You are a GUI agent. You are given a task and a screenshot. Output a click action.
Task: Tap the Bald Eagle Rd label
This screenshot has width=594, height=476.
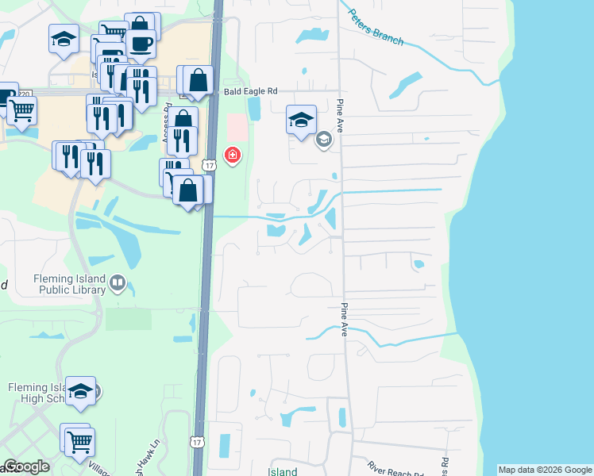tap(249, 92)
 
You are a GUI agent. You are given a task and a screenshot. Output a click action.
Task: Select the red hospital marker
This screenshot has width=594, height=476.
tap(233, 155)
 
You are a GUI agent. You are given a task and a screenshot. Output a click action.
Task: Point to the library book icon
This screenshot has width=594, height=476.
tap(118, 282)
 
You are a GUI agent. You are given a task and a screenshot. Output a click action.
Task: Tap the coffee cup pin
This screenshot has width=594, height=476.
tap(141, 44)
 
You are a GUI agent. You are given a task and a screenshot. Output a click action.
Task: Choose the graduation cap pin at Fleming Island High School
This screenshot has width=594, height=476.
tap(81, 391)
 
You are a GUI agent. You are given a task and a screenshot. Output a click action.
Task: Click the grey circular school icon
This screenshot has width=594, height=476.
tap(323, 140)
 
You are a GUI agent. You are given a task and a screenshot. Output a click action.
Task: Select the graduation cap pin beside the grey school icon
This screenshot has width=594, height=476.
tap(301, 121)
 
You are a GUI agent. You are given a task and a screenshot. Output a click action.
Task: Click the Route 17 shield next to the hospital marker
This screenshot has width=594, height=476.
tap(207, 164)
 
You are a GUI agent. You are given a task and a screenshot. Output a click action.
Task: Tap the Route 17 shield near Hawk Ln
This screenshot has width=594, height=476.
tap(197, 440)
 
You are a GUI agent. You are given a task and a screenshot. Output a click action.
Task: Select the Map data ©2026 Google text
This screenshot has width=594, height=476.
tap(544, 470)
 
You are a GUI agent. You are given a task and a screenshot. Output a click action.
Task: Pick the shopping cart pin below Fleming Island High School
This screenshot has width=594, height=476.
tap(79, 441)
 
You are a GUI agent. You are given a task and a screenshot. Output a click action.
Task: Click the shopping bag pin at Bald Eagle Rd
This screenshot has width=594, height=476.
tap(199, 80)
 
